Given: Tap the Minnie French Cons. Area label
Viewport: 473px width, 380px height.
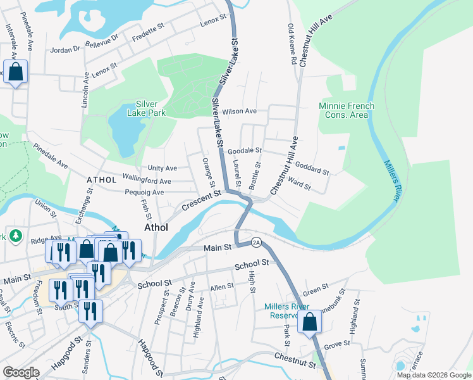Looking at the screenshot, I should tap(347, 110).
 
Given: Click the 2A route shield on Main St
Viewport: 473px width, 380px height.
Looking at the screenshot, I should tap(256, 242).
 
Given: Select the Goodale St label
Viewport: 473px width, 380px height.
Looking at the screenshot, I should tap(245, 151).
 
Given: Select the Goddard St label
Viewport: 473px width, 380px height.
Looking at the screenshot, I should tap(312, 168).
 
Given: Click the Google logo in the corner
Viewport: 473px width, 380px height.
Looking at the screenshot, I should tap(21, 372).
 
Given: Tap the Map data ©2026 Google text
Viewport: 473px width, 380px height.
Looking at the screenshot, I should tap(434, 375).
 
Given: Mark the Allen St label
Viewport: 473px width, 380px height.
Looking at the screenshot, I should tap(222, 287).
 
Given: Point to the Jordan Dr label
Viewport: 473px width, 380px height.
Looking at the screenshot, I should tap(68, 48).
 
